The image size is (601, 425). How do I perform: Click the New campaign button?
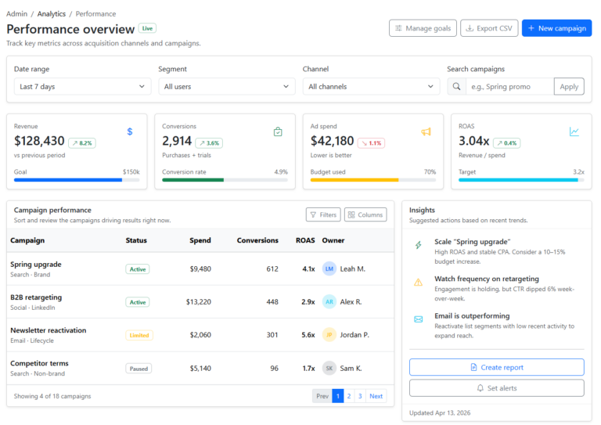click(x=556, y=28)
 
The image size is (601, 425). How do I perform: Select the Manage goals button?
click(x=423, y=28)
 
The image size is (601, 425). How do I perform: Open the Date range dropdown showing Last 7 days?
click(x=82, y=87)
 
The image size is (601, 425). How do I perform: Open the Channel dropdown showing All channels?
click(x=371, y=87)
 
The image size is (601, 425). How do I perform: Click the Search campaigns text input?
click(x=509, y=87)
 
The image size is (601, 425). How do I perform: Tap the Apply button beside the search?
click(x=569, y=87)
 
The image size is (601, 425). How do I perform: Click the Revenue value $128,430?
click(x=39, y=141)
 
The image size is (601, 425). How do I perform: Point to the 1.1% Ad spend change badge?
click(x=371, y=143)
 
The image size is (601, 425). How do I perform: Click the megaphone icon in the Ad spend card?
click(x=426, y=131)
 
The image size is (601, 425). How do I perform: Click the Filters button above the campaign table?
click(x=322, y=214)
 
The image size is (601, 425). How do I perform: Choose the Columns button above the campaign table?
click(x=365, y=214)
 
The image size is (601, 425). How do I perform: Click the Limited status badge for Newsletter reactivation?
click(x=139, y=335)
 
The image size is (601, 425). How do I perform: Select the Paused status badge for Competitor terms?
click(x=139, y=368)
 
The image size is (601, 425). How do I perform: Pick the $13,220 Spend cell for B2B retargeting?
click(x=198, y=302)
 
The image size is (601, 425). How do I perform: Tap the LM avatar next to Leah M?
click(x=329, y=269)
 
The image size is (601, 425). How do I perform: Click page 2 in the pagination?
click(x=349, y=396)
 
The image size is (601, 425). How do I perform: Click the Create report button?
click(x=496, y=367)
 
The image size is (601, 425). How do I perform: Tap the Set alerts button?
click(x=496, y=388)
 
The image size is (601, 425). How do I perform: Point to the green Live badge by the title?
click(x=148, y=28)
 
